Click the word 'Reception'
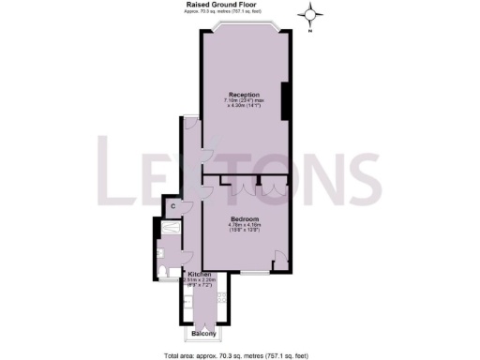coord(244,95)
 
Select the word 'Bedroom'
coord(244,217)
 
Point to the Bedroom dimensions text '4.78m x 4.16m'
coord(244,225)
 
